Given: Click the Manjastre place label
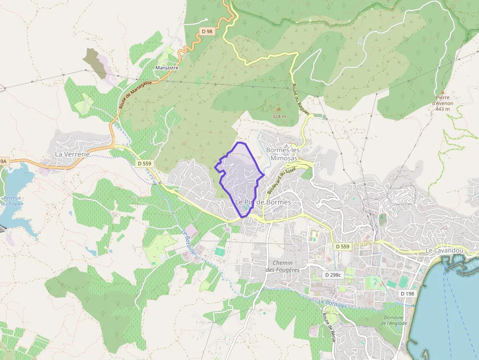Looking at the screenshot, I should point(167,68).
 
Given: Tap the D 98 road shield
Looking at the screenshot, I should point(207,31).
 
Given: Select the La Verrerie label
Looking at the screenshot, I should point(72,154).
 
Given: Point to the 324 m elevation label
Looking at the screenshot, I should point(279,116).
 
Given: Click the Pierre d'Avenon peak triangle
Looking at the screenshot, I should point(442,92).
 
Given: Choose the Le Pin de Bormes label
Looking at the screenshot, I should point(263,202).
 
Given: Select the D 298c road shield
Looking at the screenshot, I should point(333,275).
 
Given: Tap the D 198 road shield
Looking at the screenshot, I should point(407,294).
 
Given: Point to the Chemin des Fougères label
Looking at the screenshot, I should point(283,266).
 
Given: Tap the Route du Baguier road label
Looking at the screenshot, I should point(301,100).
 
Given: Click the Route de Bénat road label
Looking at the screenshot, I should point(327,328).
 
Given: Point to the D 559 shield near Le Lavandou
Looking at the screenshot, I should point(343,247).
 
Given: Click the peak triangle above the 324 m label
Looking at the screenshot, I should point(279,109).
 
